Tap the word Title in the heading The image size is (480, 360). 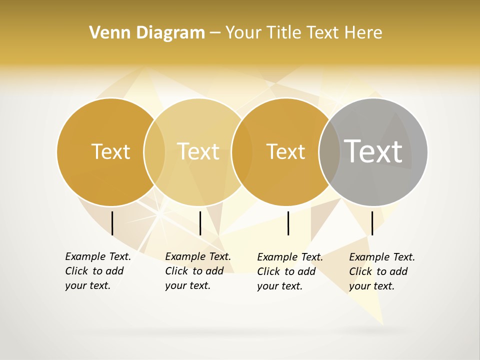[x=283, y=33]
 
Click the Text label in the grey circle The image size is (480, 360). [x=373, y=151]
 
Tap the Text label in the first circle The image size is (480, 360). [x=110, y=151]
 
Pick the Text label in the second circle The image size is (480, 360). [x=198, y=151]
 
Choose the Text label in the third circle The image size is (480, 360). [x=285, y=151]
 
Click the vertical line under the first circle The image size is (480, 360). [x=112, y=223]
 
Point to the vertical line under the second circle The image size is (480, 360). [x=200, y=223]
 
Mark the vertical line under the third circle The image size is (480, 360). [x=288, y=223]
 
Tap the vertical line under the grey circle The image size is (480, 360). [x=372, y=223]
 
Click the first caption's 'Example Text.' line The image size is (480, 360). [x=98, y=256]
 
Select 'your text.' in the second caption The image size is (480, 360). [x=187, y=285]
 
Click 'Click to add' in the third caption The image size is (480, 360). [x=286, y=271]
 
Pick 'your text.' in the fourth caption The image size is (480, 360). [x=371, y=286]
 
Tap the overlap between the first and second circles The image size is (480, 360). [x=154, y=151]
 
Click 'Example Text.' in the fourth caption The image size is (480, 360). [x=382, y=257]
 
